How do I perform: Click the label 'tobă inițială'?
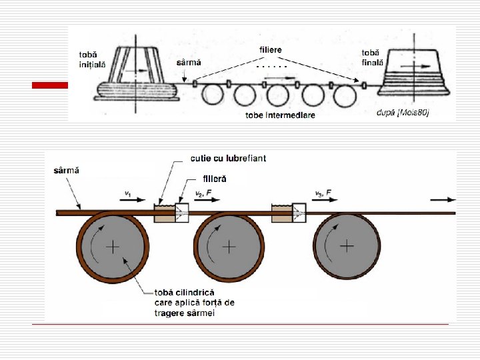pos(92,59)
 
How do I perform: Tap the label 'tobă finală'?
pos(372,57)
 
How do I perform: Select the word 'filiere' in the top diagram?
pos(271,50)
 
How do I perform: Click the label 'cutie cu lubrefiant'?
pos(227,158)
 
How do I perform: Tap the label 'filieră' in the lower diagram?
pos(215,179)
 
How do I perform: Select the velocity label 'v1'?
pos(127,193)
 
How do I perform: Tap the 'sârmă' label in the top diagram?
pos(188,62)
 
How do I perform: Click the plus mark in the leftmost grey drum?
pos(113,247)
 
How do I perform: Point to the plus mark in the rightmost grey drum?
pos(347,245)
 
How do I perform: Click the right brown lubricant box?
pos(281,213)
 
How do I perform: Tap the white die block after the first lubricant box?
pos(182,213)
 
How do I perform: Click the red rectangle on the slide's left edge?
pos(51,85)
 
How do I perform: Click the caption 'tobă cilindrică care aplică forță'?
pos(194,303)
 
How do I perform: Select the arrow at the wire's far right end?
pos(444,199)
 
